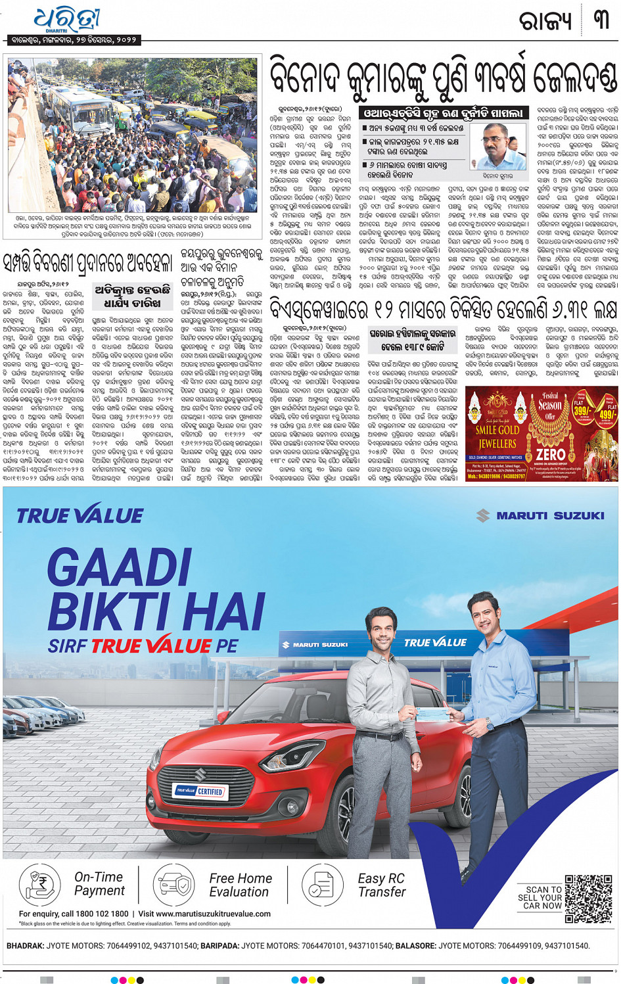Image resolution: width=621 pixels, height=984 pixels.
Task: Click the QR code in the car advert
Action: [587, 898]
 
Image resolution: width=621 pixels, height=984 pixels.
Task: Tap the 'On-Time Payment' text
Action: [99, 884]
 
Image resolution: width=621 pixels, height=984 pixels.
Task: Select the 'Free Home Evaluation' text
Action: [240, 885]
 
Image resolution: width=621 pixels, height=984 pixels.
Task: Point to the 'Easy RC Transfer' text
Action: [382, 885]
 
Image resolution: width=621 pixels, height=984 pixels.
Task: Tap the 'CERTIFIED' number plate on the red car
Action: [199, 791]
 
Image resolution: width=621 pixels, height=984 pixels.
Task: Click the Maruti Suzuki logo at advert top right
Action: [540, 516]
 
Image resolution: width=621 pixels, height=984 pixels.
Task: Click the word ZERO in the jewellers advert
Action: [551, 454]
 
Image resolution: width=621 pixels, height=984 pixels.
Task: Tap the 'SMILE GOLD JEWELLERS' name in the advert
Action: [497, 436]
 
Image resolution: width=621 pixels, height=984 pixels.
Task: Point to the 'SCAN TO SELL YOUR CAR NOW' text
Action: [540, 897]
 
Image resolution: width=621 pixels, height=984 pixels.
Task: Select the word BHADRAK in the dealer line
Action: [25, 946]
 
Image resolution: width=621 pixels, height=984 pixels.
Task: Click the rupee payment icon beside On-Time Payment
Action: [39, 885]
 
